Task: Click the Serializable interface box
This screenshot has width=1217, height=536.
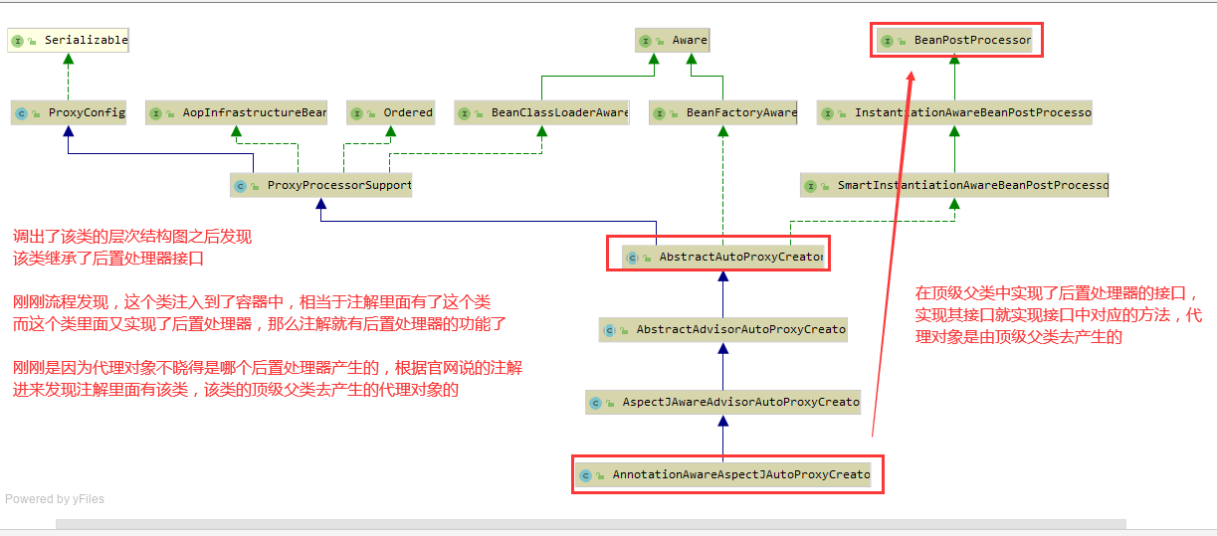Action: point(69,41)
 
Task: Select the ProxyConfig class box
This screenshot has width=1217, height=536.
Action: point(69,112)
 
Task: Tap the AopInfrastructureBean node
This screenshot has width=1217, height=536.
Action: point(236,112)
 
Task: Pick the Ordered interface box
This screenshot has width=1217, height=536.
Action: point(391,112)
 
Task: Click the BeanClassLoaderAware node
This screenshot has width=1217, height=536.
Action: point(541,112)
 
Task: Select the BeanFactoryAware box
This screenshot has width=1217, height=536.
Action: point(723,112)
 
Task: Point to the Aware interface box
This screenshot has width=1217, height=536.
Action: point(673,41)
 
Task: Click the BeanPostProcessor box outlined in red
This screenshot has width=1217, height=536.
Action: point(956,41)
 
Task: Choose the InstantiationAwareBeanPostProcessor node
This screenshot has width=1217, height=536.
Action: point(954,112)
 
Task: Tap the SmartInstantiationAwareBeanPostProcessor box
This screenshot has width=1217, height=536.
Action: point(954,185)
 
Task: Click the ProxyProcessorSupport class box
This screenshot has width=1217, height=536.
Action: point(320,185)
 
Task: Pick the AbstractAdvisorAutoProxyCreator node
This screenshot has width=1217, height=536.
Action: point(723,329)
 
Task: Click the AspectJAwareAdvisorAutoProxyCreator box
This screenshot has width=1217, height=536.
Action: point(723,402)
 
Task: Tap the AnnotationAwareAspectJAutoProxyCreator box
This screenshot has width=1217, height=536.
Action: point(723,474)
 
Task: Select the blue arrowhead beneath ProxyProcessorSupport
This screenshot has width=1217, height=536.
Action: point(320,204)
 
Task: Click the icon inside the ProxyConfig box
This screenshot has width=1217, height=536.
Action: point(21,113)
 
